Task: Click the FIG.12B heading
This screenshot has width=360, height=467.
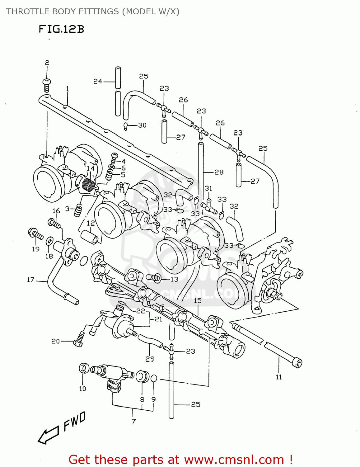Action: pos(61,29)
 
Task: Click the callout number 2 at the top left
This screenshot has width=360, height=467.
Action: pos(47,63)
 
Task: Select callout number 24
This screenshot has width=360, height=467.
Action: pos(97,81)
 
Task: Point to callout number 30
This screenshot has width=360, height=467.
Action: pos(142,125)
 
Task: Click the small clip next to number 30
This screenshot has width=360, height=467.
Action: pos(125,126)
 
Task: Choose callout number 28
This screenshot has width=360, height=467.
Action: pos(219,172)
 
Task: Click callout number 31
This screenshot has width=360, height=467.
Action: pos(208,188)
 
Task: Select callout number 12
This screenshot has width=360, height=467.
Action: pos(91,223)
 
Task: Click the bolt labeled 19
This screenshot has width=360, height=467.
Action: pos(35,234)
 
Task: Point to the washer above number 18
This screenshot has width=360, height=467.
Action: pos(49,241)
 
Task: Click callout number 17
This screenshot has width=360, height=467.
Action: pos(30,280)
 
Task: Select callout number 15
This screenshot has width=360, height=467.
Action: pos(198,300)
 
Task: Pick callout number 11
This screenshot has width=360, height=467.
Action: pos(278,377)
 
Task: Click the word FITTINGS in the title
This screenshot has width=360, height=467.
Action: pos(98,12)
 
